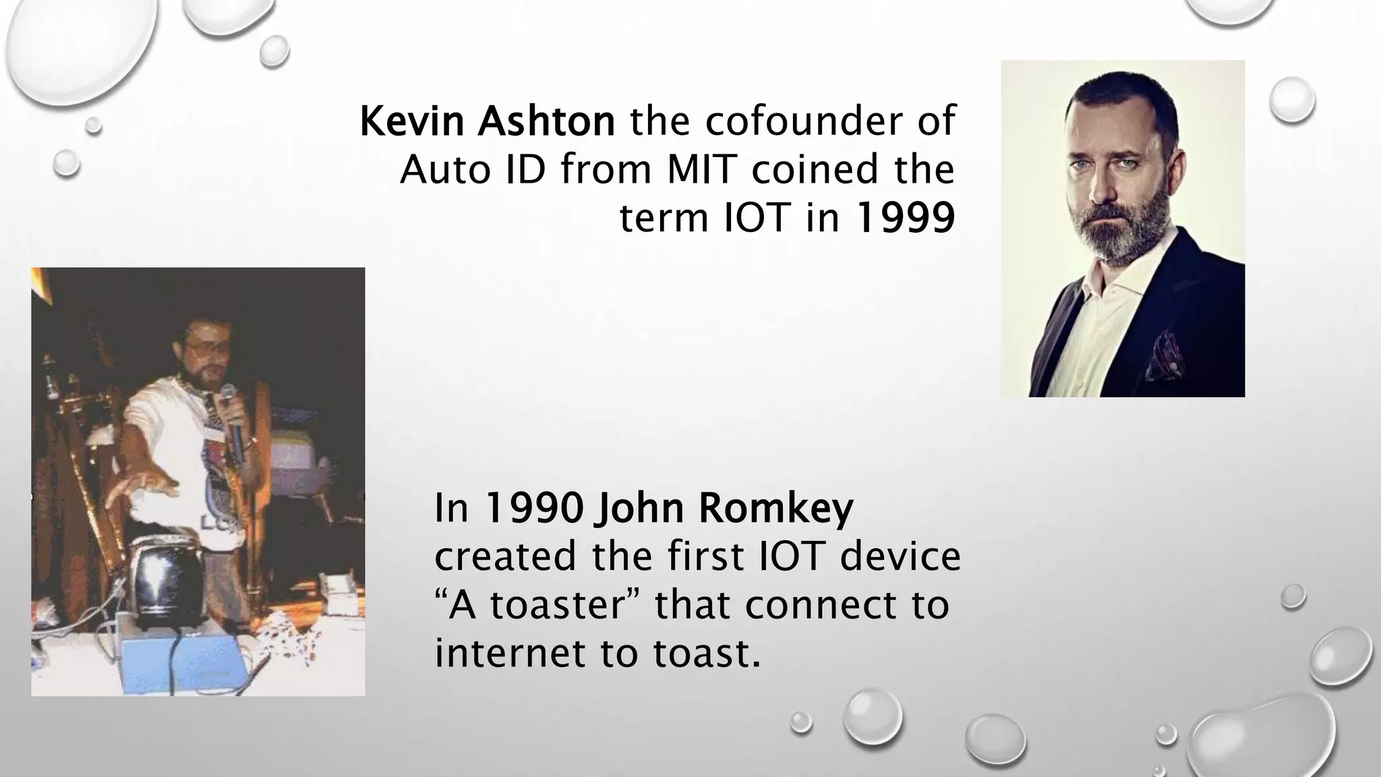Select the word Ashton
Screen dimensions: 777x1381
tap(546, 121)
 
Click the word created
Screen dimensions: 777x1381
tap(506, 557)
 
